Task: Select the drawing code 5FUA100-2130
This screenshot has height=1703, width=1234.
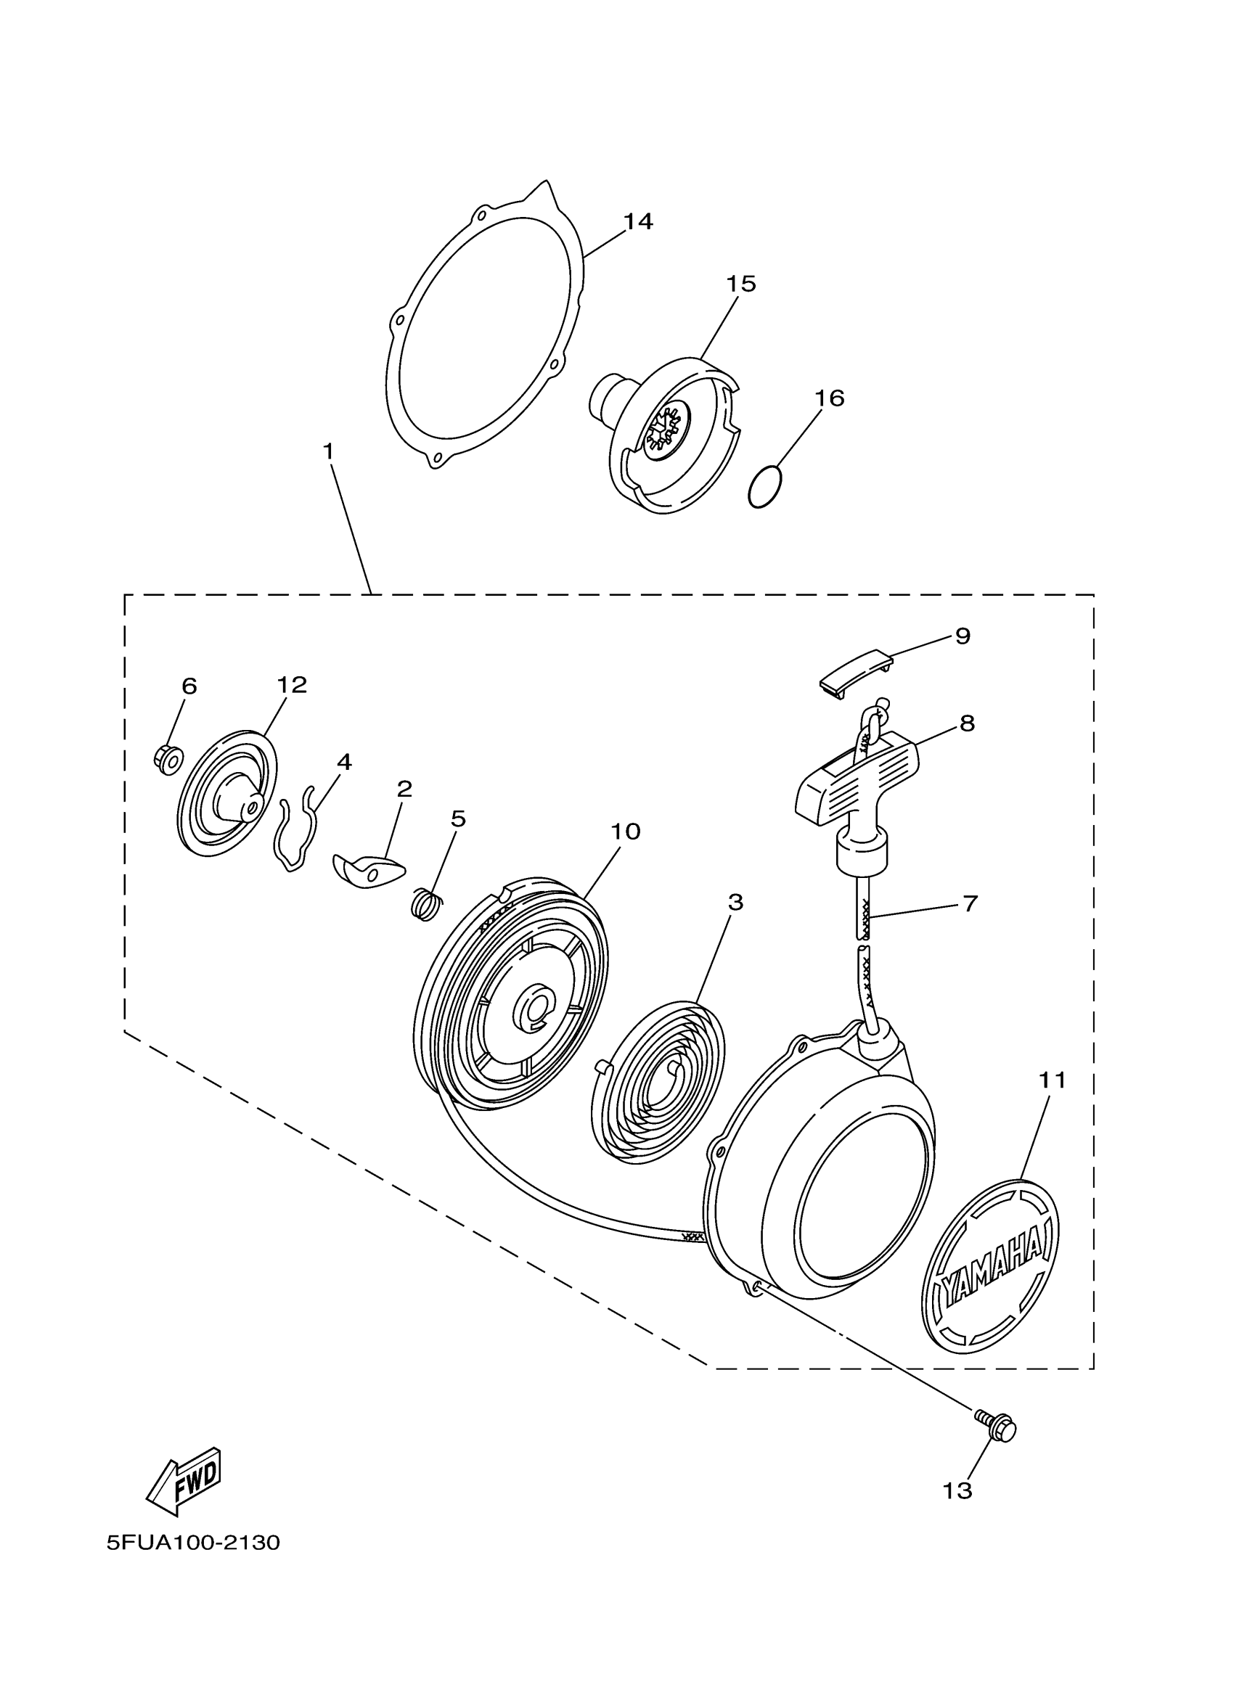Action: tap(193, 1543)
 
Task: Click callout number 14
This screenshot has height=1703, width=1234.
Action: tap(637, 221)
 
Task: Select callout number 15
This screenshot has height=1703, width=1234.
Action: tap(740, 284)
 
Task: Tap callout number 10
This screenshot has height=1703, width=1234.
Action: tap(625, 832)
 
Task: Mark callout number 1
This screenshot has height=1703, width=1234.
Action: tap(328, 451)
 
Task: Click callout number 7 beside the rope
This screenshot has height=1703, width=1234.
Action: tap(970, 903)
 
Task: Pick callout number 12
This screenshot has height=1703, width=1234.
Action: tap(291, 685)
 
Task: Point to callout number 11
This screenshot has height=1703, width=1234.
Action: tap(1053, 1080)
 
